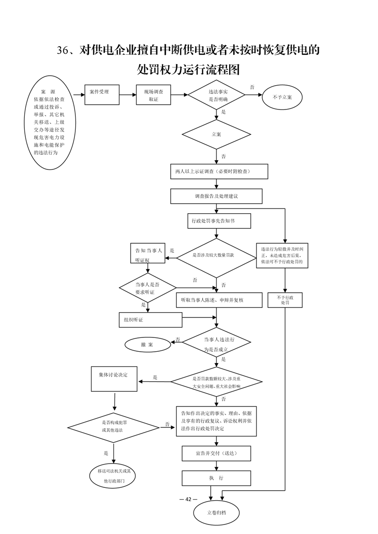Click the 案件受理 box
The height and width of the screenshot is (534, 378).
pos(102,94)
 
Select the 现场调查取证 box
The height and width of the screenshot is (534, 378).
pos(153,95)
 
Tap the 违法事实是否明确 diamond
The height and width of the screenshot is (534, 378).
pos(216,95)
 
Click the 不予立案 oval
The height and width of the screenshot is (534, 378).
pos(282,97)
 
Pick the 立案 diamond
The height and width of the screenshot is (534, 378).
pos(216,134)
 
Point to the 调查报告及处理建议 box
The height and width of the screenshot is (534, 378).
pos(216,196)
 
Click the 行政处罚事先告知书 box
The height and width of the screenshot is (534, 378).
pos(219,221)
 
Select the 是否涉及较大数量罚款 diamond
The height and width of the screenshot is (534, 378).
pos(216,258)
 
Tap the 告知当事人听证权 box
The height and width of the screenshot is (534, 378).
pos(148,253)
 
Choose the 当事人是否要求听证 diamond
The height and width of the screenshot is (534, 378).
pos(147,288)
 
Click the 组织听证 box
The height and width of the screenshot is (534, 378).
pos(151,320)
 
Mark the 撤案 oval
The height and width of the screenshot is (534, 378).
pos(148,345)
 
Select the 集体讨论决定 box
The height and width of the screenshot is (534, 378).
pos(114,379)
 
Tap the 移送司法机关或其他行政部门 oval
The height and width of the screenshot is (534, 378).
pos(114,476)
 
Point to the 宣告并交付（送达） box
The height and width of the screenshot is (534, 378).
pos(216,453)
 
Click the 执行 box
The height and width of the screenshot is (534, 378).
pos(216,478)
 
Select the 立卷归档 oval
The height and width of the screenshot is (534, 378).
pos(216,512)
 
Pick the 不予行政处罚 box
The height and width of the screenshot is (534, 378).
pos(285,300)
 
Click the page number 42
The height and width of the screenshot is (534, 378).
pos(188,499)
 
